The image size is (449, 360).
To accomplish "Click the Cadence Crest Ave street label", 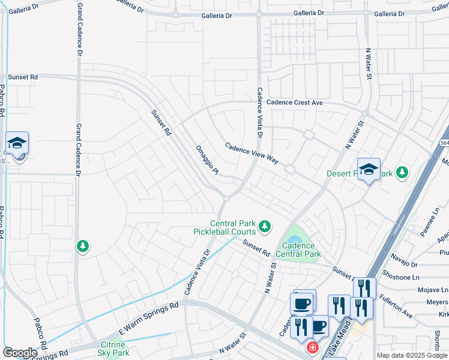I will (x=295, y=103).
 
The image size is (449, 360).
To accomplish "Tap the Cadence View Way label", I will (x=252, y=153).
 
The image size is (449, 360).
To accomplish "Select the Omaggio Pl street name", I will (x=208, y=160).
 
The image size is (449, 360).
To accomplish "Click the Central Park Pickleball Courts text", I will (x=224, y=227).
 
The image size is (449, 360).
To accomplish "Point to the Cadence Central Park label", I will (x=298, y=250).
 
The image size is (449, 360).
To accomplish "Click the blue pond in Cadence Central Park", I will (x=295, y=238).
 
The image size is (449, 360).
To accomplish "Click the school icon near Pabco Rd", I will (x=17, y=143).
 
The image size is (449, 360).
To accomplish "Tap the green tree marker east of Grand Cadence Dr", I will (x=83, y=246).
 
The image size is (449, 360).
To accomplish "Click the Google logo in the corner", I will (x=20, y=353).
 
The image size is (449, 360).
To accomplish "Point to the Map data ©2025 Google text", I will (x=412, y=355).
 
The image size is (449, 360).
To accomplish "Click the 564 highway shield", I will (x=444, y=142).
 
